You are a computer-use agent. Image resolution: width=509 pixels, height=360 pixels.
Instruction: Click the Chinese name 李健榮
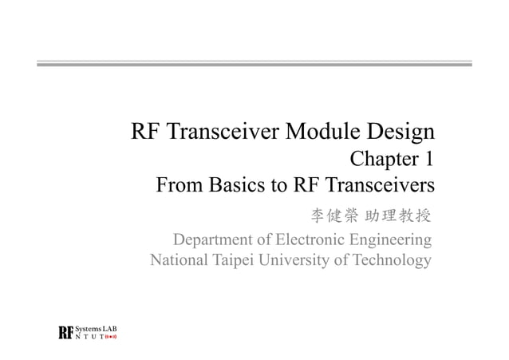tap(333, 215)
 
